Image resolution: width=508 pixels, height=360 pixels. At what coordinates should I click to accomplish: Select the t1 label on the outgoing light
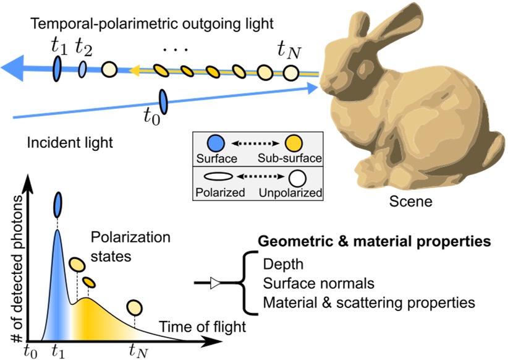pyautogui.click(x=59, y=45)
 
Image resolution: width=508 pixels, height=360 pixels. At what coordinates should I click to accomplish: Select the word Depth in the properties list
pyautogui.click(x=283, y=265)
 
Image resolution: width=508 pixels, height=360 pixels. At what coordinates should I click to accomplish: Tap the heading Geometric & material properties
pyautogui.click(x=375, y=241)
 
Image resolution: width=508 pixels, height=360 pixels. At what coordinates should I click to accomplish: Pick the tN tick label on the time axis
pyautogui.click(x=138, y=351)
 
